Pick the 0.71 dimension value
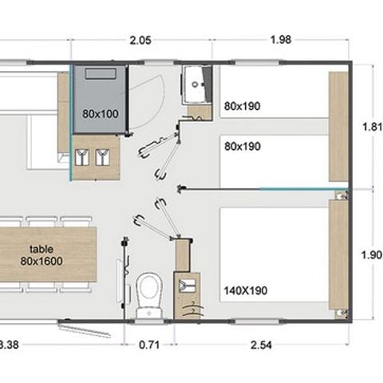(149, 345)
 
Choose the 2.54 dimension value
(262, 345)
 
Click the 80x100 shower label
(100, 113)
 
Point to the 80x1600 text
(41, 260)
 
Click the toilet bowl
(148, 289)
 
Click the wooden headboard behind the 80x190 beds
(338, 126)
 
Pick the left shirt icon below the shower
(82, 157)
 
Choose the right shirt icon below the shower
(101, 157)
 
